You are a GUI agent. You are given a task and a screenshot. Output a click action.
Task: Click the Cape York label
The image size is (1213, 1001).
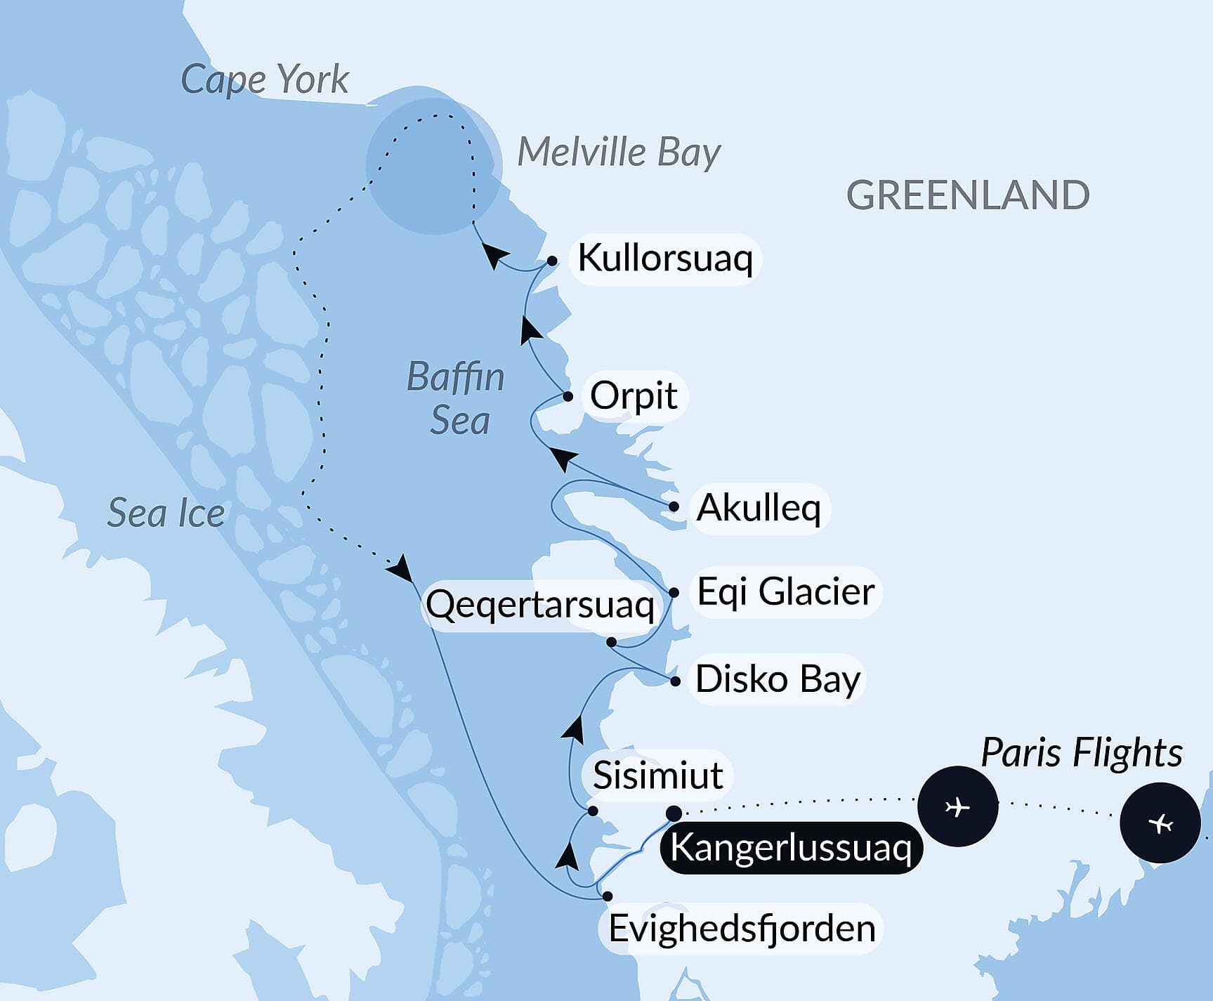pyautogui.click(x=265, y=80)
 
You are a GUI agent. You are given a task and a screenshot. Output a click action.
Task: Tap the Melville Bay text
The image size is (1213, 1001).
pyautogui.click(x=619, y=152)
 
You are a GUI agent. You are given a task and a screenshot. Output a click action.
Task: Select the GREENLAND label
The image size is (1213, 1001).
pyautogui.click(x=968, y=195)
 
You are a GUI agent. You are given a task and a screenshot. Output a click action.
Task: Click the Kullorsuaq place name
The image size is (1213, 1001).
pyautogui.click(x=664, y=259)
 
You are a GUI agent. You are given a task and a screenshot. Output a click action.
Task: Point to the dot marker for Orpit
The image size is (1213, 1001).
pyautogui.click(x=568, y=397)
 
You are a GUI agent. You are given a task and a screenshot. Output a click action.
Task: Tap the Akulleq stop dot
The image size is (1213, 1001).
pyautogui.click(x=674, y=506)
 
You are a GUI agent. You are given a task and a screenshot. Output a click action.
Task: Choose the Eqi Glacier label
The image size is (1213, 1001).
pyautogui.click(x=785, y=591)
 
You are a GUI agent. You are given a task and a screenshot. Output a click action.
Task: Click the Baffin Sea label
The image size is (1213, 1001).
pyautogui.click(x=457, y=398)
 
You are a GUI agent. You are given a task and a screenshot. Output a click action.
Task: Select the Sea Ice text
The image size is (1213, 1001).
pyautogui.click(x=166, y=513)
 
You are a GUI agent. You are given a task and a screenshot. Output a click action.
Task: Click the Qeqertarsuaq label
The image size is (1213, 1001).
pyautogui.click(x=540, y=605)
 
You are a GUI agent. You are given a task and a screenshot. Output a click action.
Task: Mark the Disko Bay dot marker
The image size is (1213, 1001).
pyautogui.click(x=676, y=681)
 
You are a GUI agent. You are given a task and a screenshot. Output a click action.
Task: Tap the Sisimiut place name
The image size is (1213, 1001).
pyautogui.click(x=657, y=776)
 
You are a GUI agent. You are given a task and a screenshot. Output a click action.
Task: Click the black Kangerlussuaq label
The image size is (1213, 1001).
pyautogui.click(x=791, y=848)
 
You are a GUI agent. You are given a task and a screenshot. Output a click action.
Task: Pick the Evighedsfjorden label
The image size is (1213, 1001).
pyautogui.click(x=742, y=929)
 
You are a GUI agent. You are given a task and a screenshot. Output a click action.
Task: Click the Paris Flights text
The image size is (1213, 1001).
pyautogui.click(x=1081, y=753)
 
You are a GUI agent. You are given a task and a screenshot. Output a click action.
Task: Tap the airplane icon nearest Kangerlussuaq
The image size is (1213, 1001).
pyautogui.click(x=957, y=806)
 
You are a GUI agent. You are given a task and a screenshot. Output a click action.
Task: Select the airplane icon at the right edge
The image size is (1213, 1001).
pyautogui.click(x=1160, y=823)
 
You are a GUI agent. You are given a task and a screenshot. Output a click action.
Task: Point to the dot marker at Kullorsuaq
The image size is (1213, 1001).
pyautogui.click(x=552, y=261)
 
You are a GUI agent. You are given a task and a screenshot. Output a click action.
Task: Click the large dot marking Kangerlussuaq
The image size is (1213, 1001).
pyautogui.click(x=674, y=813)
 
